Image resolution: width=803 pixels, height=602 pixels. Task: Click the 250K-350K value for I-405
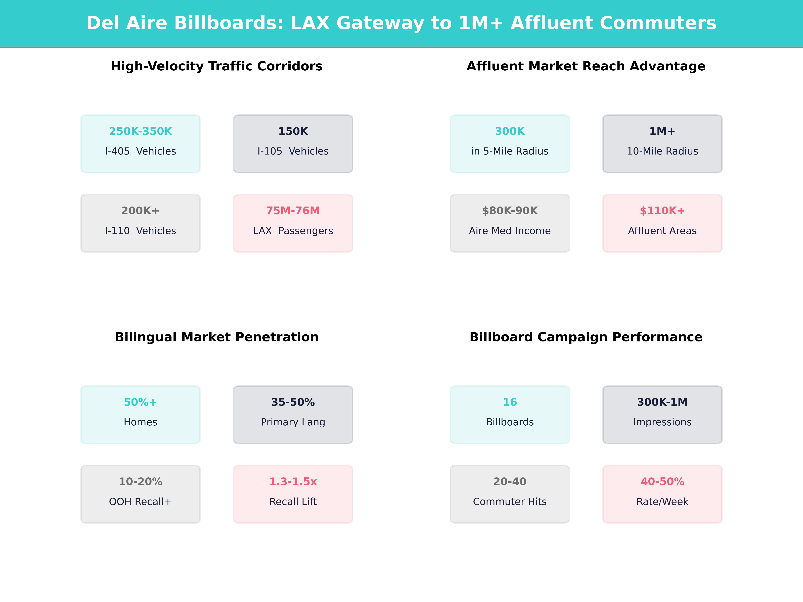tap(141, 131)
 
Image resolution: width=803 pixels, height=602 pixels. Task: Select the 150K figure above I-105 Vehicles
tap(293, 131)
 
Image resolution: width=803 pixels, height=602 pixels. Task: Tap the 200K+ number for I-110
tap(141, 211)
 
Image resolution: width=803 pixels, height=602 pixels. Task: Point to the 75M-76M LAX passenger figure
tap(293, 211)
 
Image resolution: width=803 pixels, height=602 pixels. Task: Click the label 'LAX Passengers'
tap(293, 231)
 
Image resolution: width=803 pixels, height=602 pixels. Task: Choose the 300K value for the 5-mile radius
tap(510, 131)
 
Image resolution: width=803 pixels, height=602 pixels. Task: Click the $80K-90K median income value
tap(510, 211)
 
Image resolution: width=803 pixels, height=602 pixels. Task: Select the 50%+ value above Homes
tap(141, 402)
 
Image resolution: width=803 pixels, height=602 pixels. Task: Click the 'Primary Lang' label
tap(293, 422)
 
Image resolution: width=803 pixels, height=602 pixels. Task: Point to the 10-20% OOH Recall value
tap(141, 482)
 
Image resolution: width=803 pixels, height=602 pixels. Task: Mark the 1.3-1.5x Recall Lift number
tap(293, 482)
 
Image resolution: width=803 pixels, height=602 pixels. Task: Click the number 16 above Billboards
tap(510, 402)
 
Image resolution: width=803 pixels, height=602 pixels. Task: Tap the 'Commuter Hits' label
tap(510, 501)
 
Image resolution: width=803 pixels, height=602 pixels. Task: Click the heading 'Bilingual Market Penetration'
tap(217, 337)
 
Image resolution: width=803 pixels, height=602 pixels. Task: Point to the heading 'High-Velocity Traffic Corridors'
tap(217, 66)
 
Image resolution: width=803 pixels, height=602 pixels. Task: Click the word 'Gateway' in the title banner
tap(380, 23)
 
